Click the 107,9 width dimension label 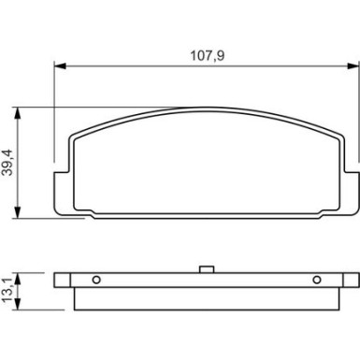point(208,56)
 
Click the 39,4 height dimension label point(7,163)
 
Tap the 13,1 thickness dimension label point(7,291)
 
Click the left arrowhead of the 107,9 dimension point(61,66)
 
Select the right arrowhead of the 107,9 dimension point(353,66)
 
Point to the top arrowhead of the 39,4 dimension point(18,113)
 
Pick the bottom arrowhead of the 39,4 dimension point(18,212)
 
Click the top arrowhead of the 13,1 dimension point(18,279)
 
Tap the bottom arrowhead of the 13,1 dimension point(18,304)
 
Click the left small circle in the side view point(96,280)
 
